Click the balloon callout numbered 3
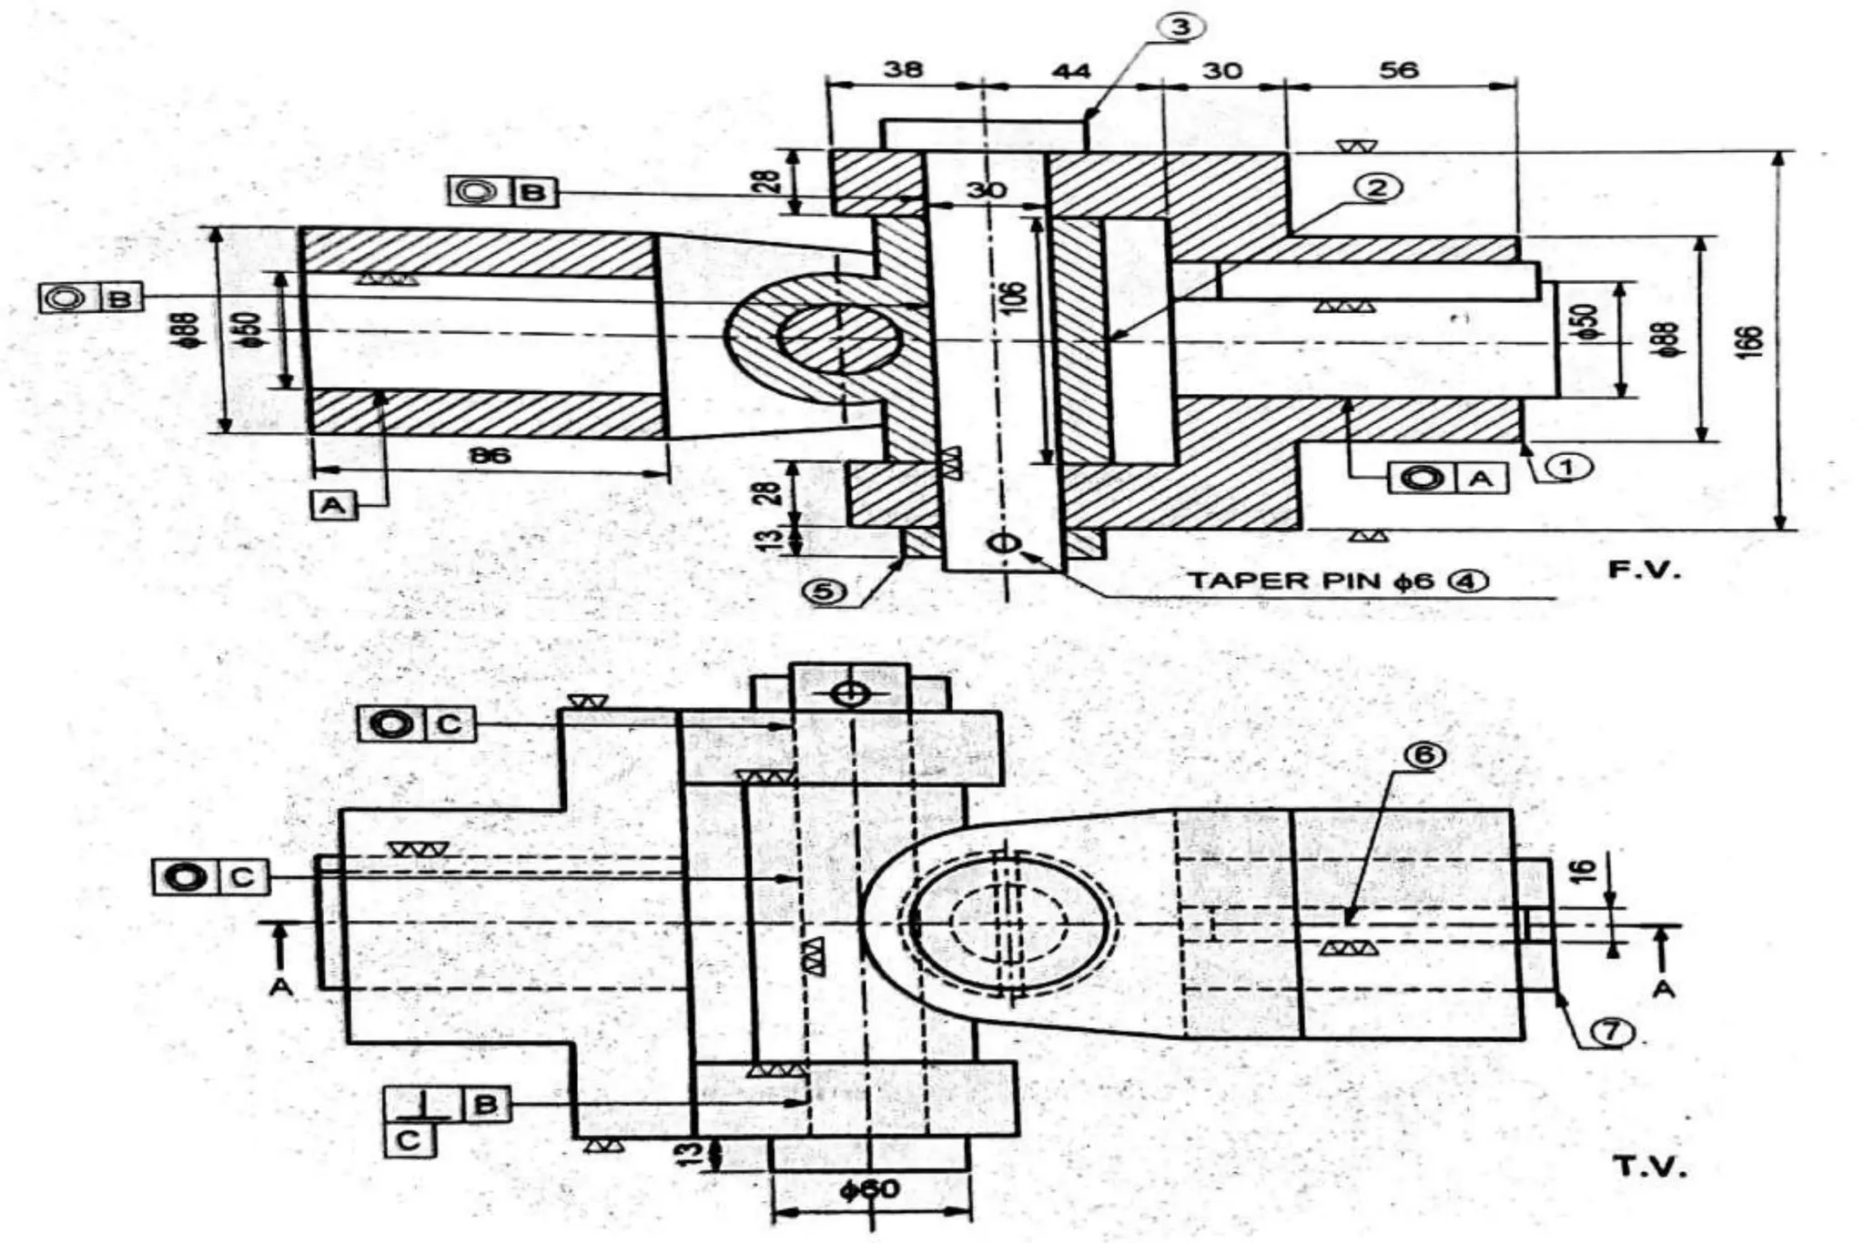coord(1180,27)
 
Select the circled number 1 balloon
coord(1566,467)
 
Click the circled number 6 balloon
coord(1424,755)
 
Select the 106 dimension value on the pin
coord(1016,298)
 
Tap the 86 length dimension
coord(490,455)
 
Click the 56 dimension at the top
coord(1398,70)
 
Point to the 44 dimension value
coord(1070,70)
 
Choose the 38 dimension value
coord(903,70)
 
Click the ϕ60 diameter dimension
coord(869,1189)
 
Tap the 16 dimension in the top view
coord(1585,870)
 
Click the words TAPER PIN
coord(1283,581)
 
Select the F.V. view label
coord(1644,571)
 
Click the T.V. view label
coord(1649,1167)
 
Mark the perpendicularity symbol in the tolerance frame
coord(424,1105)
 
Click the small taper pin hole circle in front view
coord(1005,544)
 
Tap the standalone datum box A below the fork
coord(333,504)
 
